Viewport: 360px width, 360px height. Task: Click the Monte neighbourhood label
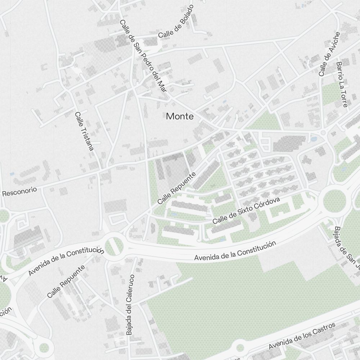point(180,116)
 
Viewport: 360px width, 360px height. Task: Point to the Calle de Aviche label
point(329,54)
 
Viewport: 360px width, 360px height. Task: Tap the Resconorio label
point(20,191)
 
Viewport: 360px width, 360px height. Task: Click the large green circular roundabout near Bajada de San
point(334,201)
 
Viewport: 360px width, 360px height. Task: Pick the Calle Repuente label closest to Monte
point(176,188)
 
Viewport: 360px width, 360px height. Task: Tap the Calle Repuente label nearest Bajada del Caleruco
point(66,281)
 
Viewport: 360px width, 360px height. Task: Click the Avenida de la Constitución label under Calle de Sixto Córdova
point(235,251)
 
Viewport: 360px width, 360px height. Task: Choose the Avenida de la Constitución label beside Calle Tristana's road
point(66,260)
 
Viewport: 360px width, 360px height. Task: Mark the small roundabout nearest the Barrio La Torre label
point(323,133)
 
